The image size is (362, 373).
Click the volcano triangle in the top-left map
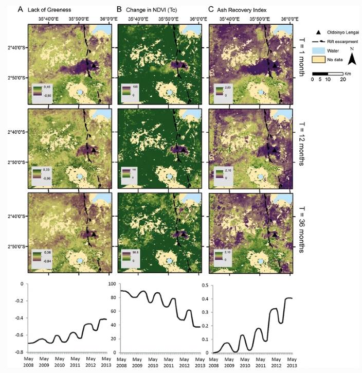[x=94, y=66]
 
